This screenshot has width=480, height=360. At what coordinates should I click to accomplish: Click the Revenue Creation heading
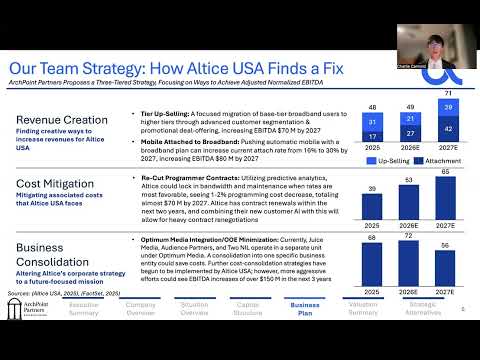click(62, 120)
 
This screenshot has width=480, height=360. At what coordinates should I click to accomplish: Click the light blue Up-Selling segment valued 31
click(371, 121)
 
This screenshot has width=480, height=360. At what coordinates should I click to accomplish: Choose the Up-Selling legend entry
click(388, 160)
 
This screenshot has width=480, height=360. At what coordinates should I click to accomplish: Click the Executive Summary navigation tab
click(84, 309)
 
